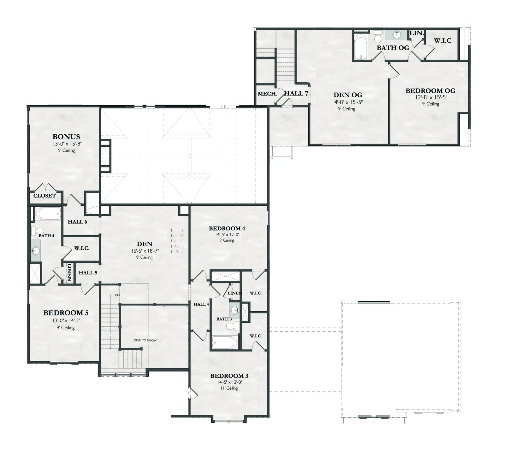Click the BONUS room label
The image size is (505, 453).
tap(66, 137)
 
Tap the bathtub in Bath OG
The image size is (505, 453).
tap(360, 47)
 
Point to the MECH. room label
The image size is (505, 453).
tap(268, 94)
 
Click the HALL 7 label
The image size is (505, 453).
tap(296, 93)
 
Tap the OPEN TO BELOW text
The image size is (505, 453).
tap(145, 340)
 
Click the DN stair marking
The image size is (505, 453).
tap(117, 295)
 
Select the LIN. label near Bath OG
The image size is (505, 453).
tap(417, 33)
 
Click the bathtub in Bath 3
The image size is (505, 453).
tap(224, 343)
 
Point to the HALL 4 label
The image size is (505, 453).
tap(201, 304)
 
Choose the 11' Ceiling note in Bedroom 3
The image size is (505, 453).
tap(229, 388)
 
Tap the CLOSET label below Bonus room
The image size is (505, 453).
tap(45, 196)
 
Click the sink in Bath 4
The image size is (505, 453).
tap(36, 251)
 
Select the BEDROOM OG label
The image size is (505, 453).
tap(430, 91)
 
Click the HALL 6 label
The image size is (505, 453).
tap(77, 222)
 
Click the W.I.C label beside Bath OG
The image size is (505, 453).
tap(443, 41)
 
